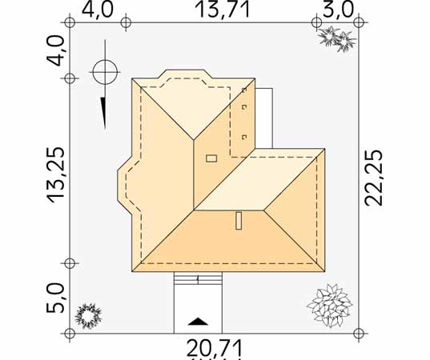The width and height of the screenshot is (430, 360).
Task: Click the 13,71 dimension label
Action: click(223, 10)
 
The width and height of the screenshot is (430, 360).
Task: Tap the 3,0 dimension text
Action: click(338, 10)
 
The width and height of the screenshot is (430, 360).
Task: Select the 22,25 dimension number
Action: click(373, 178)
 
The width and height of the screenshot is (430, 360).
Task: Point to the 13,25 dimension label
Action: click(56, 175)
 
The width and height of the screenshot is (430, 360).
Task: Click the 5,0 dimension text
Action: click(55, 298)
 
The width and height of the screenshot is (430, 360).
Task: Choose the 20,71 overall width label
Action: click(215, 348)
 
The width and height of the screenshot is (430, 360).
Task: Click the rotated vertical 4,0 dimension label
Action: click(56, 50)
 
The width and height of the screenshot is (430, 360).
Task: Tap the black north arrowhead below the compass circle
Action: click(103, 113)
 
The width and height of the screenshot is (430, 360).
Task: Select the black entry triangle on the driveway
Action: click(198, 322)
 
